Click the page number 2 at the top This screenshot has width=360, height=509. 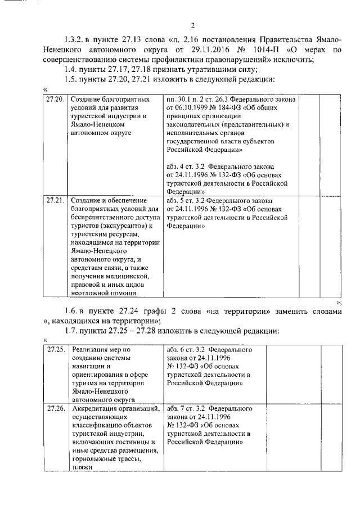[192, 25]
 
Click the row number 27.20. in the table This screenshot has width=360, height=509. [55, 99]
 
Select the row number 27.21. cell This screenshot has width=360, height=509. [55, 200]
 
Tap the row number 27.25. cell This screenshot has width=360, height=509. [55, 349]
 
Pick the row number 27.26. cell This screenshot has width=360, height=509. [55, 408]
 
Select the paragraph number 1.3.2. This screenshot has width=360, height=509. [74, 40]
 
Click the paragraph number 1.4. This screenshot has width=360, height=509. [72, 69]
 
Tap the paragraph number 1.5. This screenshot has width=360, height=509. [72, 79]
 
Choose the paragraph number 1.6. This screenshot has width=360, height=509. [72, 311]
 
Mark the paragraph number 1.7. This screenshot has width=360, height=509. [72, 330]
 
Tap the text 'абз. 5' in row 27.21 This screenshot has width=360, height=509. [177, 200]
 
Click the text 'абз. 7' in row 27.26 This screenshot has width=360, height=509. [177, 408]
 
